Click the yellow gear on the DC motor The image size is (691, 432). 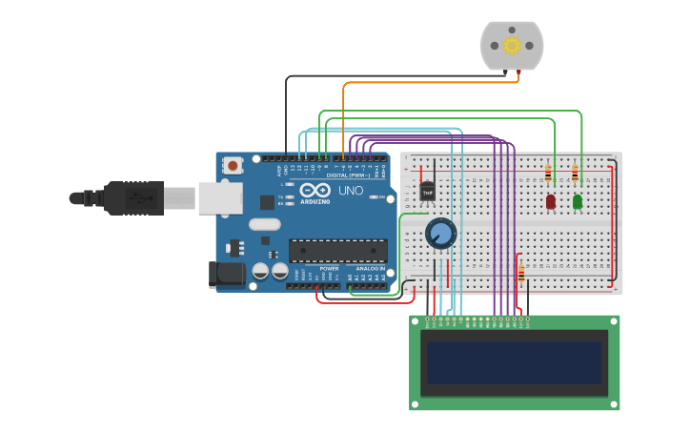coord(512,45)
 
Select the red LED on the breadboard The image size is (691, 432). coord(551,201)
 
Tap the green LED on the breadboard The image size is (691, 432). coord(578,201)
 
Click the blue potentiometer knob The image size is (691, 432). coord(440,233)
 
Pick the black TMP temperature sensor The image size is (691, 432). coord(427,192)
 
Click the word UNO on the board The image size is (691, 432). coord(351,191)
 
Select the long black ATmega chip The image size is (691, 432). coord(338,251)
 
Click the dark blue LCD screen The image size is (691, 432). coord(514,362)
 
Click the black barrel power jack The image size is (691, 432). coord(227,275)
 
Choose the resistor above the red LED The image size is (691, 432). coord(548,174)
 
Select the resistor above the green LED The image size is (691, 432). coord(575,174)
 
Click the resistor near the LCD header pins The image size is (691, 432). coord(520,274)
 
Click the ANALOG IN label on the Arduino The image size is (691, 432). coord(370,269)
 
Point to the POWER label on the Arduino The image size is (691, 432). coord(329,269)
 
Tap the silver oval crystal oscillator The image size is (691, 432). coord(266,225)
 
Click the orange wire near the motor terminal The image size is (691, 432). coord(429,82)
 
